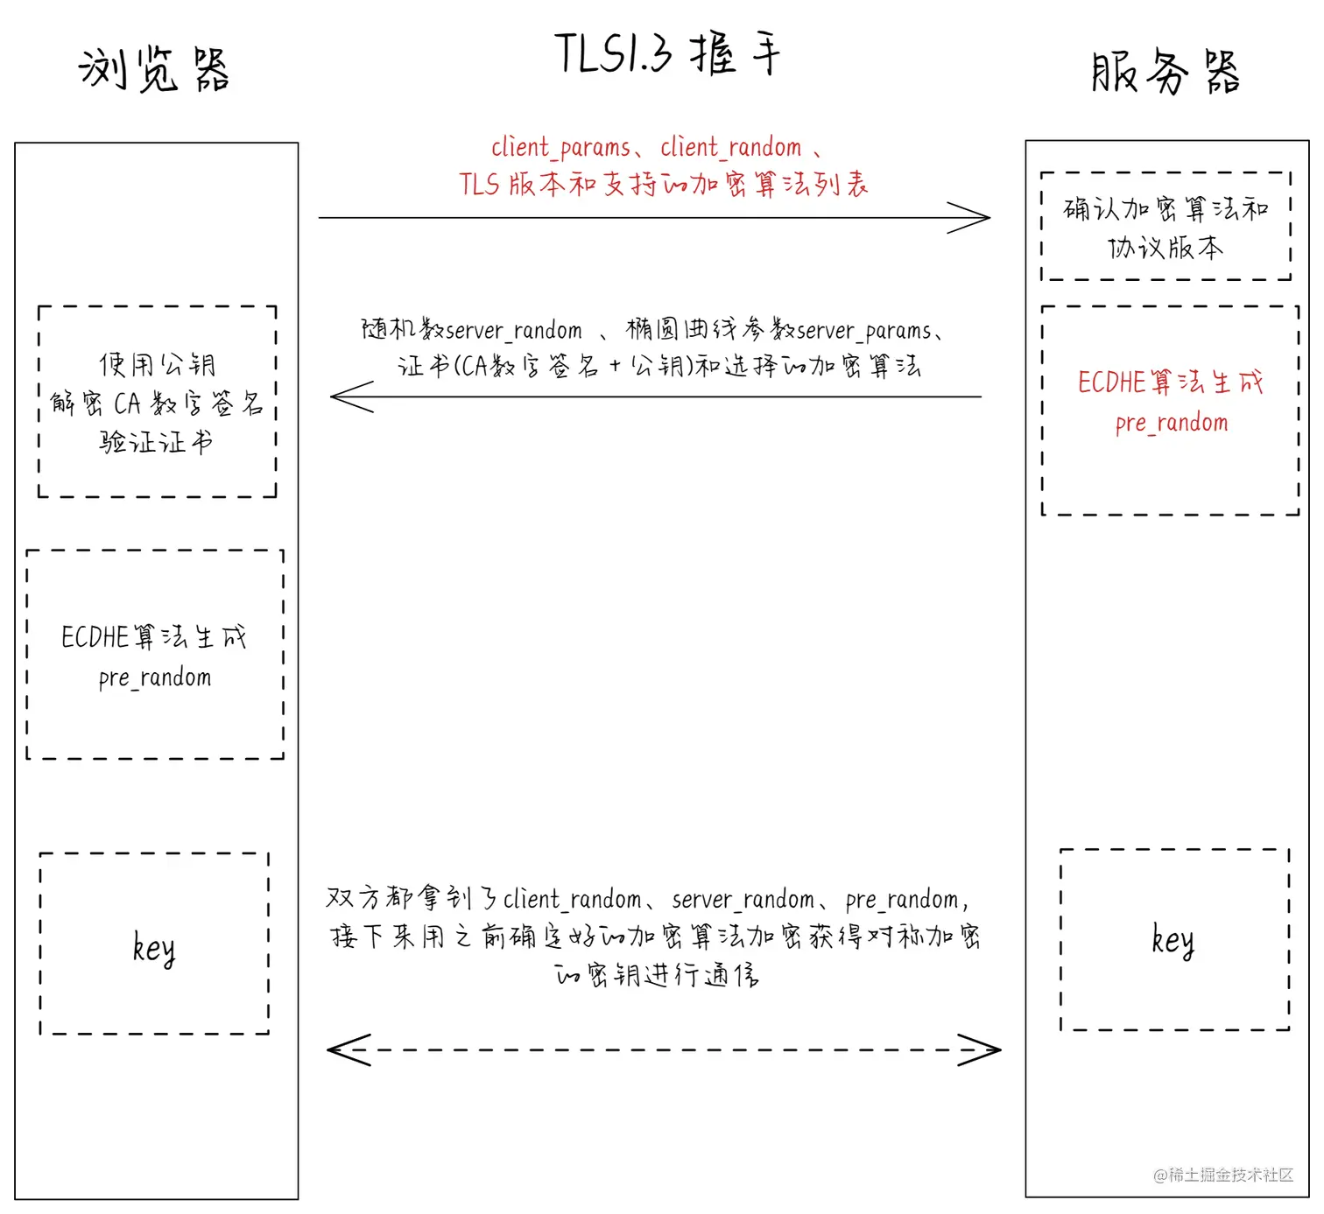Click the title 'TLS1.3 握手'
coord(667,54)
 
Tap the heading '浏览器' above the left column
coord(154,70)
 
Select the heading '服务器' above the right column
coord(1166,72)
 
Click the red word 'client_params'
coord(560,147)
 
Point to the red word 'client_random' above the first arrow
coord(730,147)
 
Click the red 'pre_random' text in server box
coord(1172,424)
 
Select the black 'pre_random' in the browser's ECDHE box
coord(155,678)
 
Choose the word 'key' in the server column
coord(1173,941)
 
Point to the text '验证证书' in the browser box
coord(156,442)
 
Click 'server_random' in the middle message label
coord(514,331)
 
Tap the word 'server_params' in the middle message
coord(864,331)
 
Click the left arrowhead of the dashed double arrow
coord(343,1049)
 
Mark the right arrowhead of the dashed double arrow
coord(984,1049)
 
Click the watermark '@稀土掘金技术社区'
coord(1223,1175)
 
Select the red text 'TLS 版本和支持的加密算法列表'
coord(664,185)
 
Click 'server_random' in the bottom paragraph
coord(743,900)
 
